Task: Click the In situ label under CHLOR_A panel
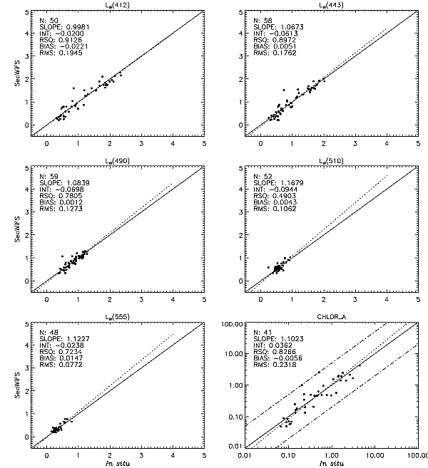coord(330,463)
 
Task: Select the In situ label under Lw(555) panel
coord(118,463)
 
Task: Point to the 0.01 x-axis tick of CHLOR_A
coord(245,455)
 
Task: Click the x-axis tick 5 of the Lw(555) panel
coord(204,455)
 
